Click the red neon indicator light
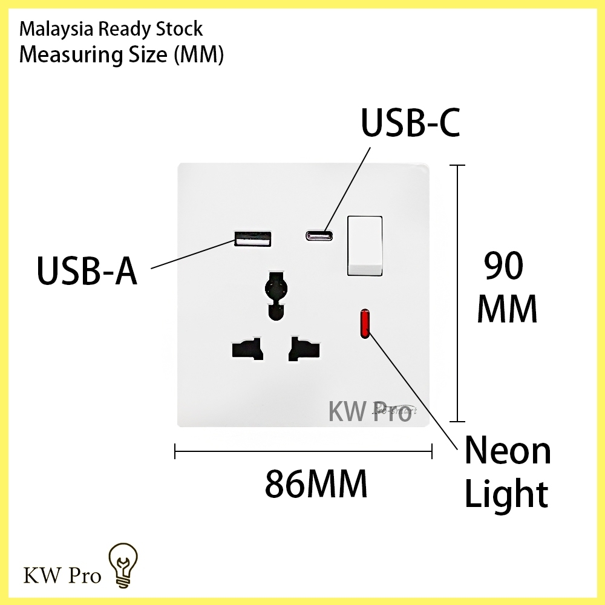pos(366,323)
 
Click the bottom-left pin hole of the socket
pos(247,349)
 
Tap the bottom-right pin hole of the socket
pos(303,349)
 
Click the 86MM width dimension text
pos(316,483)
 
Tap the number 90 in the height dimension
pos(504,266)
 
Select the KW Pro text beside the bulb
pos(62,575)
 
